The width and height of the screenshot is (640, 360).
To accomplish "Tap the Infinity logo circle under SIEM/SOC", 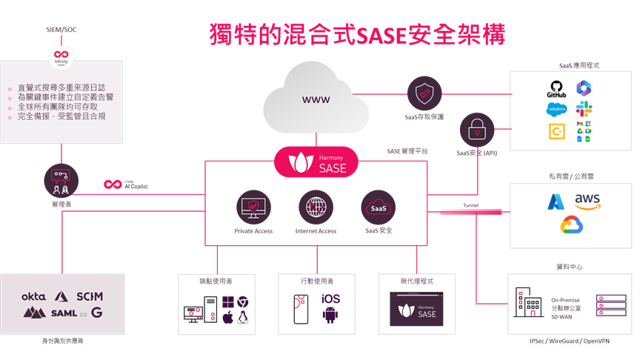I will coord(60,57).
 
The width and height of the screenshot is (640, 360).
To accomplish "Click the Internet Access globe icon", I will coord(316,206).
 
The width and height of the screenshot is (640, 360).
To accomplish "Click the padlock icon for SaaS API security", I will coord(476,130).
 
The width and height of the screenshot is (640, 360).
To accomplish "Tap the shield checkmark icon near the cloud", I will coord(423,94).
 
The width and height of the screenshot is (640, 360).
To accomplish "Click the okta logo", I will coord(33,296).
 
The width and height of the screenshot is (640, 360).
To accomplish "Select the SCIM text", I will coord(89,296).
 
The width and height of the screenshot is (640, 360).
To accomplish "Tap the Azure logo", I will coord(556,201).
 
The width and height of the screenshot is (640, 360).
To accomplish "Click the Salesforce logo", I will coord(556,109).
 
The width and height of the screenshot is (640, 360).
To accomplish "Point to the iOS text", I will coord(330,299).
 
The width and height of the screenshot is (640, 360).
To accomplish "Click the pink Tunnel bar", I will coord(470,212).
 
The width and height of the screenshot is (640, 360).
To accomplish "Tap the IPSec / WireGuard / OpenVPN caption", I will coord(564,341).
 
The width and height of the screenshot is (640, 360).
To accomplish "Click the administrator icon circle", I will coord(60,180).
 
